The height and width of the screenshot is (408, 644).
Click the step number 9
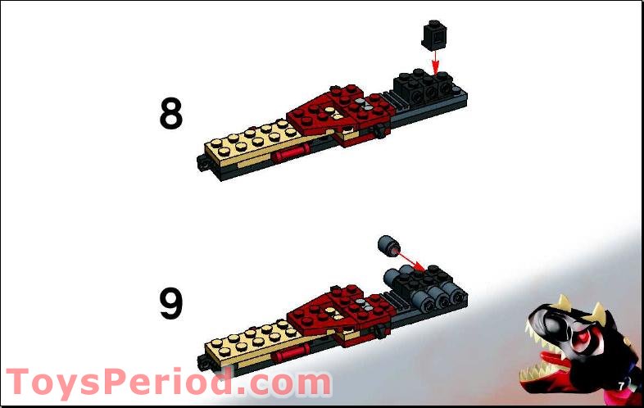click(x=170, y=304)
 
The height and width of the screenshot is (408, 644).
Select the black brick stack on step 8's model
click(x=422, y=85)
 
